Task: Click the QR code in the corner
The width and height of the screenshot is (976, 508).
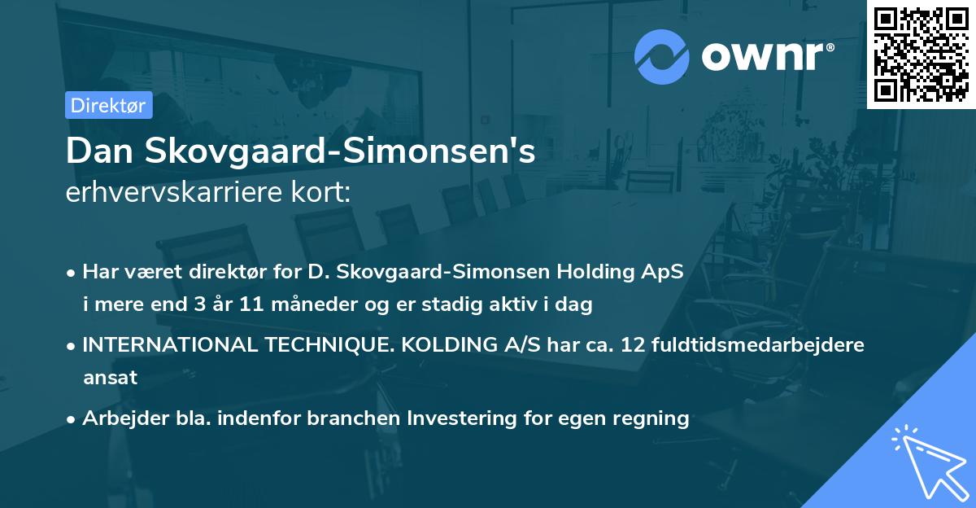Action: tap(921, 55)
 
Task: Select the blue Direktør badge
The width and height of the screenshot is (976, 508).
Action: tap(109, 105)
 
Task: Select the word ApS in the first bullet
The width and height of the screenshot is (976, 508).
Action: tap(666, 271)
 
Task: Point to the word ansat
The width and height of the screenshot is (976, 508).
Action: tap(110, 378)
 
